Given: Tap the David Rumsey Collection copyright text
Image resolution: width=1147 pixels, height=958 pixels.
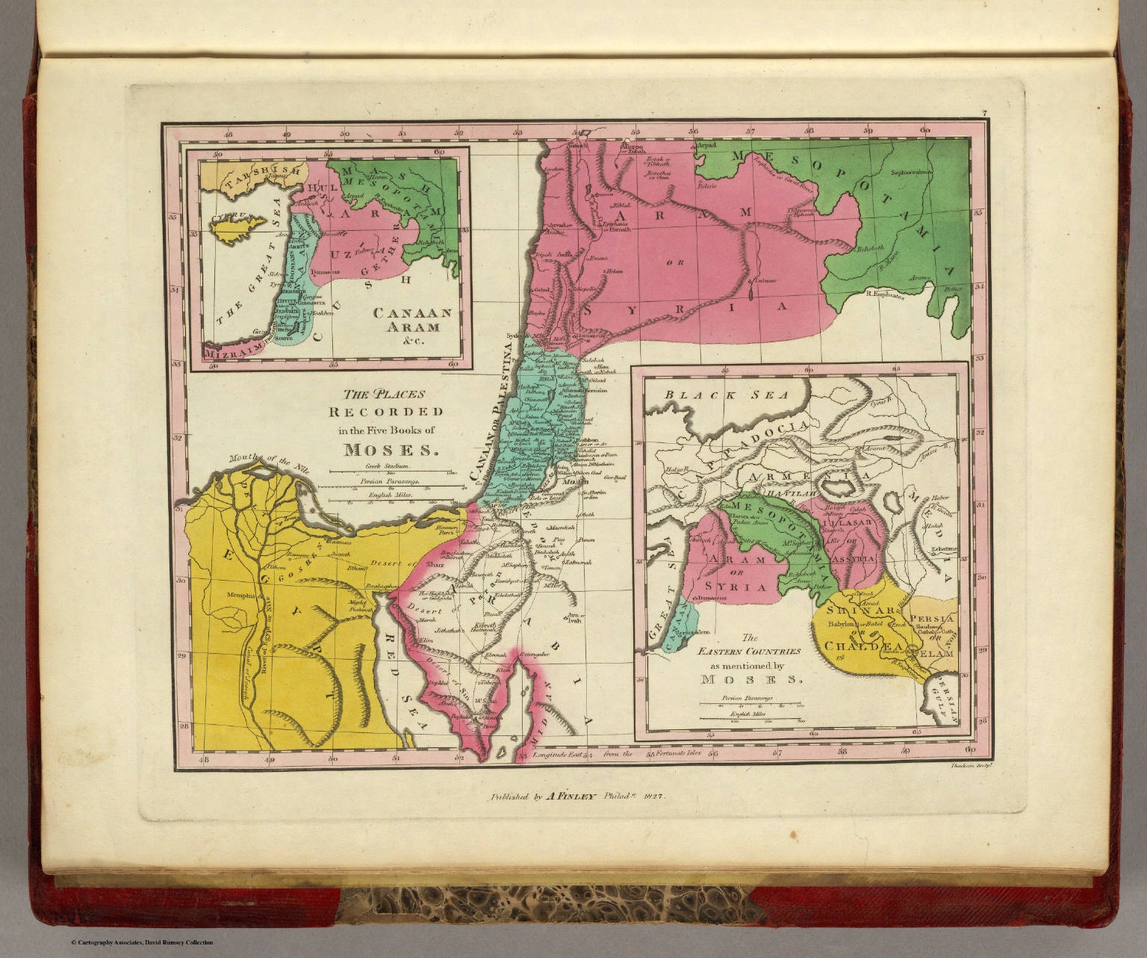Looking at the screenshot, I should [x=142, y=942].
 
